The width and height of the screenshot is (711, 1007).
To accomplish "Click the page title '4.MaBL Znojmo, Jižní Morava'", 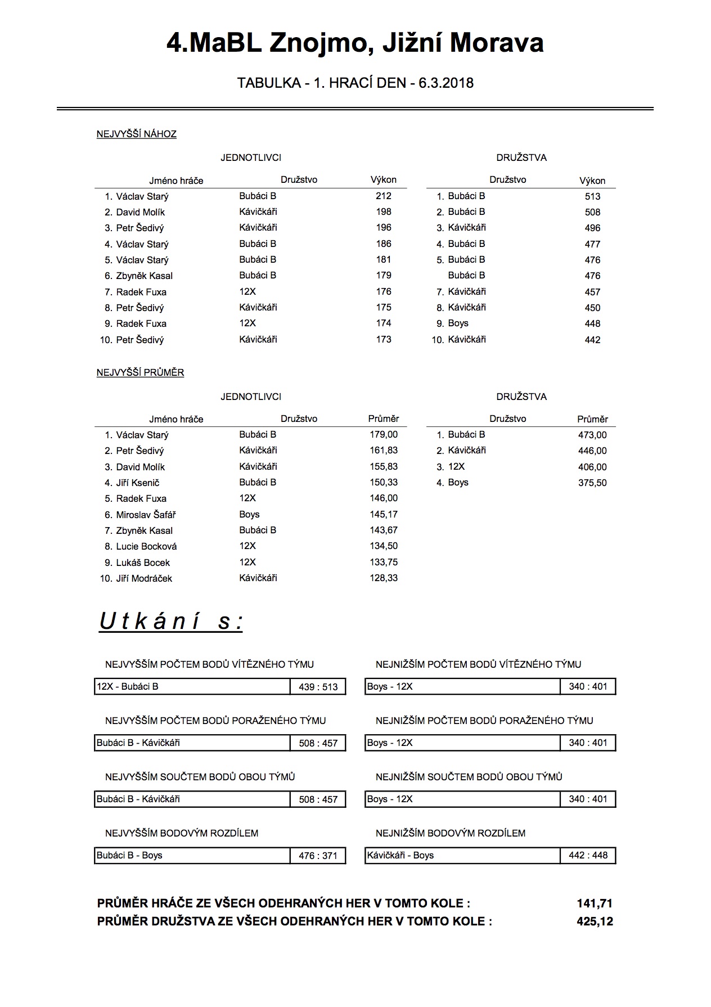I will point(355,43).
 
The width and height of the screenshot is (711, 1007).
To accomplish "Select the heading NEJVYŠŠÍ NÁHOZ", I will point(136,134).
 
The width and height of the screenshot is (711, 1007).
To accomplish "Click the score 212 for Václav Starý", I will point(383,196).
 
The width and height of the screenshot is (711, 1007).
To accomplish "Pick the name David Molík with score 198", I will point(140,212).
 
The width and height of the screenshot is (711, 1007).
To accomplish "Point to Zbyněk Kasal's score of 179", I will point(383,275).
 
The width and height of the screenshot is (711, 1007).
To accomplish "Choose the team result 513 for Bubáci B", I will point(592,196).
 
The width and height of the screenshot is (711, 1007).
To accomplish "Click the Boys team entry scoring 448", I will point(458,323).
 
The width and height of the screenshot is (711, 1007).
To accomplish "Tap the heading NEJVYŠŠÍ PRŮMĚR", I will point(140,372).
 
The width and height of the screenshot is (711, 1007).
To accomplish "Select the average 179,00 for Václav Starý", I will point(384,434).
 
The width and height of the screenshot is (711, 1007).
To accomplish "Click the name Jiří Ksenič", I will point(137,483).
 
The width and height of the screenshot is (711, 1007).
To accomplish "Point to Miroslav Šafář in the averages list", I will point(146,515).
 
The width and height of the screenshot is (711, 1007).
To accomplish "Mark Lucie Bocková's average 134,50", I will point(384,546).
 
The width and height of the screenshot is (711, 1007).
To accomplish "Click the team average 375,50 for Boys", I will point(592,483).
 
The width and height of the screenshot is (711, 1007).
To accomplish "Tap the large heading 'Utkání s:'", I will point(171,622).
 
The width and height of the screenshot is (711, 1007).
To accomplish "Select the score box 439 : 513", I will point(318,687).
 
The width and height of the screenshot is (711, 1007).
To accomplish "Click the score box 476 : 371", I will point(318,856).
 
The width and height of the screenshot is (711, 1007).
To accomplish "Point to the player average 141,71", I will point(594,903).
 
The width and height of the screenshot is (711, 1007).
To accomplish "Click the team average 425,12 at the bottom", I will point(594,921).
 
